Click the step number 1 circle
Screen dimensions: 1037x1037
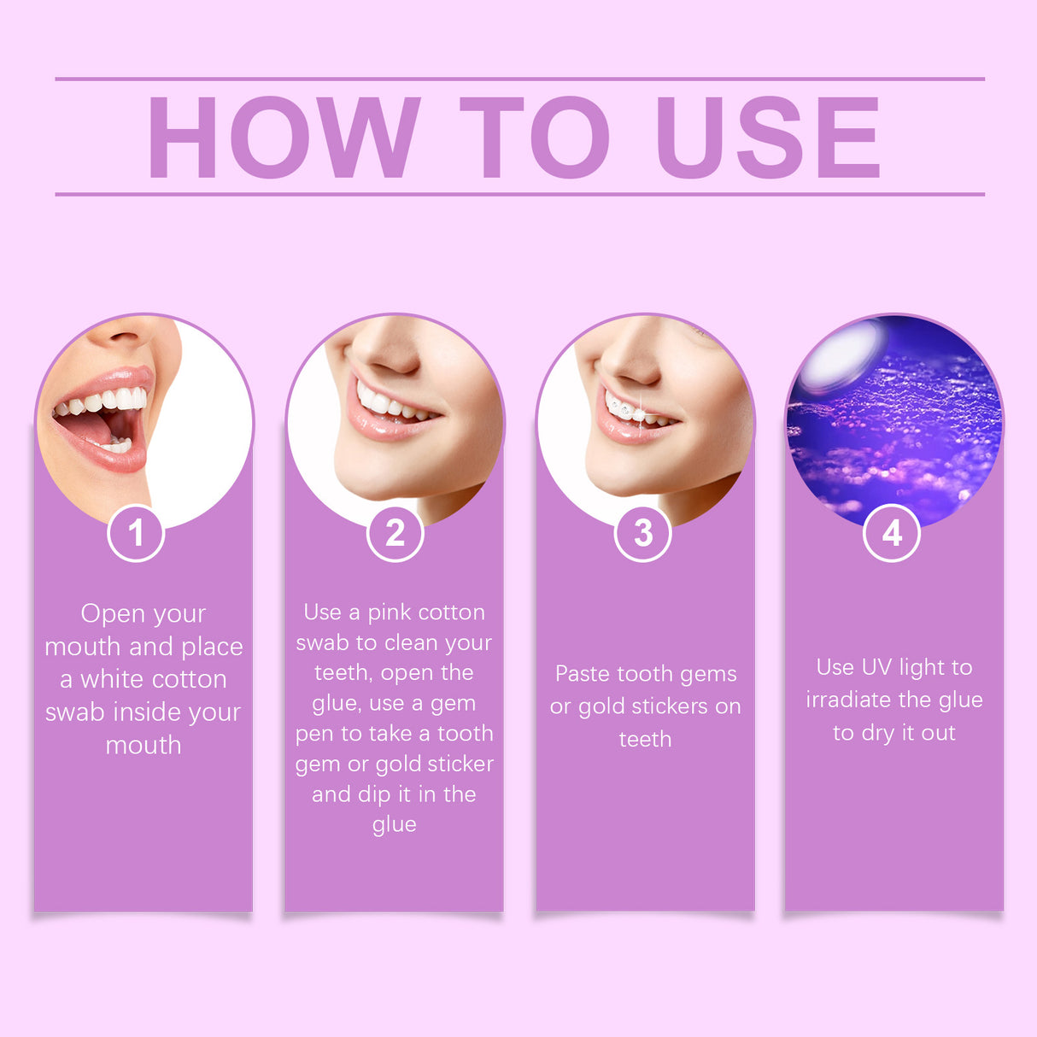pos(136,534)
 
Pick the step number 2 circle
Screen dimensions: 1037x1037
pos(395,534)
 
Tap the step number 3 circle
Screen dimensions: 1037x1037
pos(643,534)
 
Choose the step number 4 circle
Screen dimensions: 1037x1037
pos(892,534)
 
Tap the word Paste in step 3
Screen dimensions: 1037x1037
pos(582,674)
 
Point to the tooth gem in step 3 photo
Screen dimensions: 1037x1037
pos(628,412)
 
